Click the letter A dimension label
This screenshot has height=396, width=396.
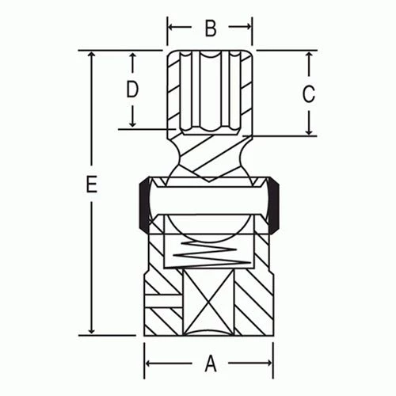pyautogui.click(x=211, y=364)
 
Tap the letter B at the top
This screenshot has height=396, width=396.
pyautogui.click(x=210, y=29)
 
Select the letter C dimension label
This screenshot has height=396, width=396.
pyautogui.click(x=310, y=93)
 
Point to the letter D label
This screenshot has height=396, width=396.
pyautogui.click(x=132, y=89)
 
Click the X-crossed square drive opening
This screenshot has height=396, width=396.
pyautogui.click(x=210, y=304)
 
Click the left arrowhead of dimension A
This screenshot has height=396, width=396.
pyautogui.click(x=150, y=364)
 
